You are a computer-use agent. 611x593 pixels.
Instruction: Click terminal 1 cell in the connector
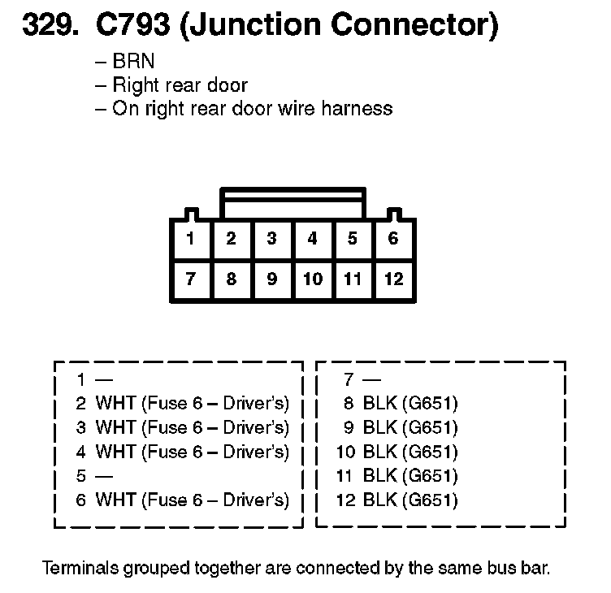(x=190, y=239)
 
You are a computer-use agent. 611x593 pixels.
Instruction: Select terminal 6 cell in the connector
(x=393, y=239)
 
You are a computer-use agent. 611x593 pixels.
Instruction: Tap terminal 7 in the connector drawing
(x=190, y=279)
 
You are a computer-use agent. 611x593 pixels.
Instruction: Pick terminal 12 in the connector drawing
(x=393, y=279)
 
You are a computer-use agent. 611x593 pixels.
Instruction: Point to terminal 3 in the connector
(x=271, y=239)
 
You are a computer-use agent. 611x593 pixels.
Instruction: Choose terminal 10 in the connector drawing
(x=312, y=279)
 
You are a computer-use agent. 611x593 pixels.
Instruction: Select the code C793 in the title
(x=132, y=27)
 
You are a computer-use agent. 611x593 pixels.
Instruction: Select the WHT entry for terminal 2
(x=192, y=403)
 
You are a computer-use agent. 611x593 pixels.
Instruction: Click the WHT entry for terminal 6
(x=192, y=500)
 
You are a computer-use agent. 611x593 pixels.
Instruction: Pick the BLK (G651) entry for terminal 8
(x=410, y=403)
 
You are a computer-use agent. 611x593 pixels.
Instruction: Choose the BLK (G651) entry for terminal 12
(x=410, y=500)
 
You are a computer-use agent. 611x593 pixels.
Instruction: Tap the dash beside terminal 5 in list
(x=103, y=476)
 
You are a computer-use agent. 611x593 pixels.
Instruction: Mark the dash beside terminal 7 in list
(x=371, y=379)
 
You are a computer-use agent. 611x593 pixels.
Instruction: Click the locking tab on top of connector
(x=292, y=195)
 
